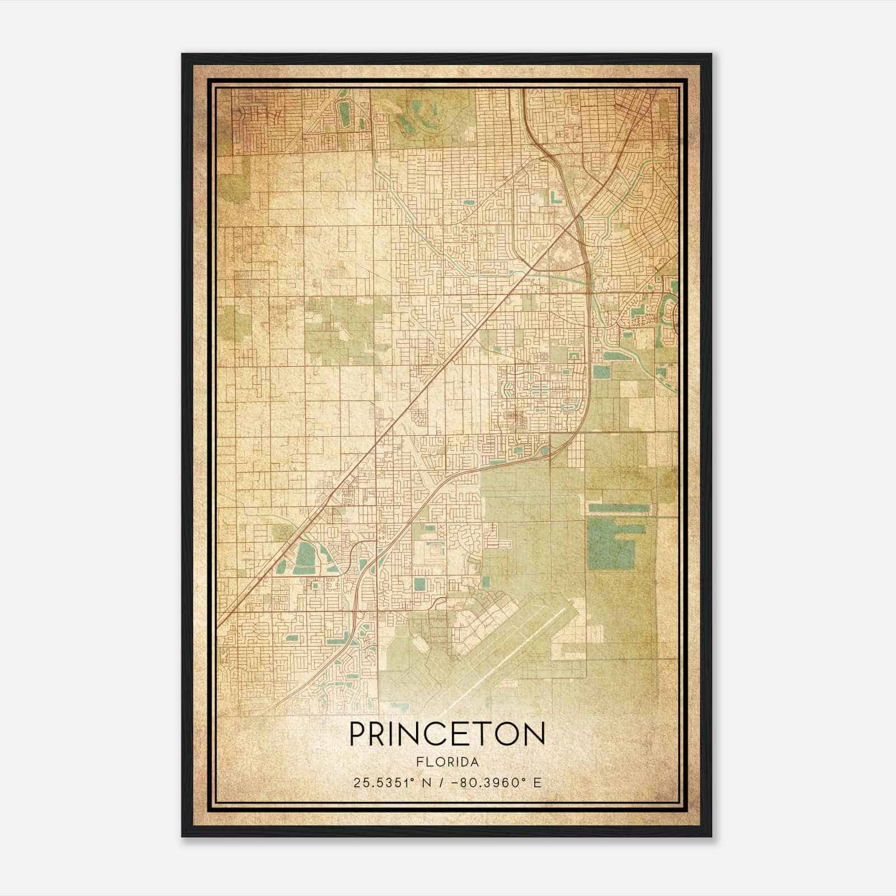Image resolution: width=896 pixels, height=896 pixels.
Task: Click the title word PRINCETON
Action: [x=447, y=734]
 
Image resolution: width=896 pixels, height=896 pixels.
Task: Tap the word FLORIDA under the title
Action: [x=447, y=762]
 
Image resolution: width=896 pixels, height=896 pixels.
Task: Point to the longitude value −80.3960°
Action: [x=488, y=783]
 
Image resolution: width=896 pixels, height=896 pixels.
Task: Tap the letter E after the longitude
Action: [x=537, y=783]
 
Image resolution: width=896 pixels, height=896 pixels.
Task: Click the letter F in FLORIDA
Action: [x=419, y=762]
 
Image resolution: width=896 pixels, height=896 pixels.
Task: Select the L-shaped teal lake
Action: [x=554, y=198]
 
